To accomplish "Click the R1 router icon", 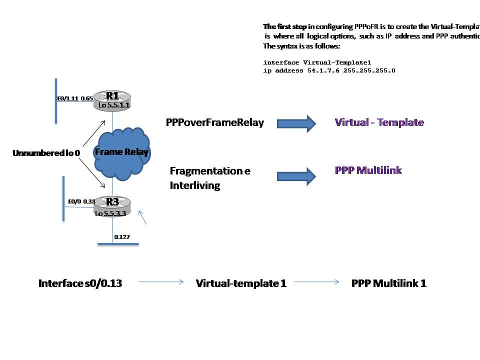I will (x=114, y=99).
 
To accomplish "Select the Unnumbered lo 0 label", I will (x=46, y=153).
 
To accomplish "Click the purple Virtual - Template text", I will (x=379, y=122).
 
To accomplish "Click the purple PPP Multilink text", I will (x=368, y=170).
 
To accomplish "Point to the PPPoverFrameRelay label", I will (x=214, y=123).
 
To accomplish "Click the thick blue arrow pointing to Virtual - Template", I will (x=296, y=123).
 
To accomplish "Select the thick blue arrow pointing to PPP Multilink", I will (x=296, y=175).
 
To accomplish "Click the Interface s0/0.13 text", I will (x=80, y=283).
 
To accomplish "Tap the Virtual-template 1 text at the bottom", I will (x=241, y=283).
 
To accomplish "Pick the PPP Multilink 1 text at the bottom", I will (x=389, y=283).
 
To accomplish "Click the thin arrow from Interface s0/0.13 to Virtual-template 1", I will (x=160, y=282).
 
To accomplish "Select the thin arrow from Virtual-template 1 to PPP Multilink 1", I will (x=317, y=282).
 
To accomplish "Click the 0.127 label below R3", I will (x=122, y=237).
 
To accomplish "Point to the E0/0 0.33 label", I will (x=82, y=201).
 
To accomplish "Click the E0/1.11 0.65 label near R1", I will (x=75, y=98).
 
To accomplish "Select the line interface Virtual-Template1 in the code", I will (x=317, y=63).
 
